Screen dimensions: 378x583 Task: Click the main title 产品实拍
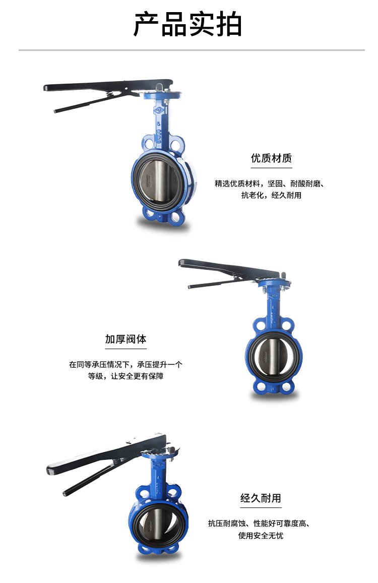188,24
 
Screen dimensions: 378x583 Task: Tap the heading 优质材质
271,158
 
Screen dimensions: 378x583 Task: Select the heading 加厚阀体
125,339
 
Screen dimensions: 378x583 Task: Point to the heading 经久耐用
261,498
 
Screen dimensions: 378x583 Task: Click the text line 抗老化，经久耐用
271,195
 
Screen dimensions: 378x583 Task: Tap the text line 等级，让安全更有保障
125,376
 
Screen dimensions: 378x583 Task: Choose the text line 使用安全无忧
261,536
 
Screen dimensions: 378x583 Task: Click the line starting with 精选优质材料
270,183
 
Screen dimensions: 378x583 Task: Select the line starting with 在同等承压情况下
125,364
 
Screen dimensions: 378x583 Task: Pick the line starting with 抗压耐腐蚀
259,523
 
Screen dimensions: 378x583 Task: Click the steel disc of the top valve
159,182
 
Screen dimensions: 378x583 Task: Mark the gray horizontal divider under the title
192,50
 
